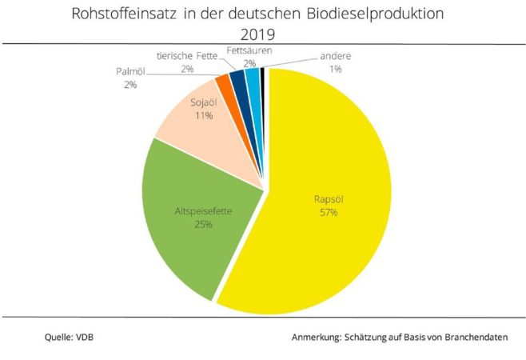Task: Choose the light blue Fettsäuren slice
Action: point(252,77)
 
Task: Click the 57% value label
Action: point(329,213)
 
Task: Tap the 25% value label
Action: point(203,224)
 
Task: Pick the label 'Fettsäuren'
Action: point(249,50)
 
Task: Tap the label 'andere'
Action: point(334,57)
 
